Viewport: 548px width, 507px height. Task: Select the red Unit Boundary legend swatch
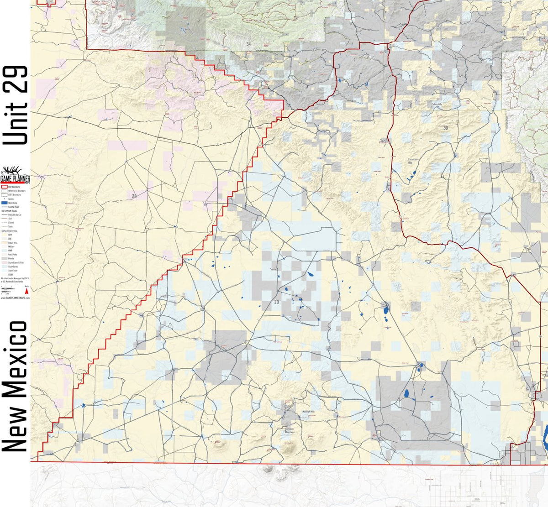[4, 187]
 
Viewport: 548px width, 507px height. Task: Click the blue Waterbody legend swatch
[4, 203]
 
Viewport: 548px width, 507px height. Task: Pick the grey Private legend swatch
[4, 258]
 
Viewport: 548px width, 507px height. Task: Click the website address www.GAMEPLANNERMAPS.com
[15, 297]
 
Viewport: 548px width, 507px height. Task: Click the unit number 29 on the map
[276, 302]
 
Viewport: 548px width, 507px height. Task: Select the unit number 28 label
[134, 196]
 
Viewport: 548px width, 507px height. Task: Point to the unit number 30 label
[445, 128]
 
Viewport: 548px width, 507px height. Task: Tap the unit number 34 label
[248, 44]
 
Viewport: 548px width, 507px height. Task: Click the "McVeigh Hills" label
[309, 412]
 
